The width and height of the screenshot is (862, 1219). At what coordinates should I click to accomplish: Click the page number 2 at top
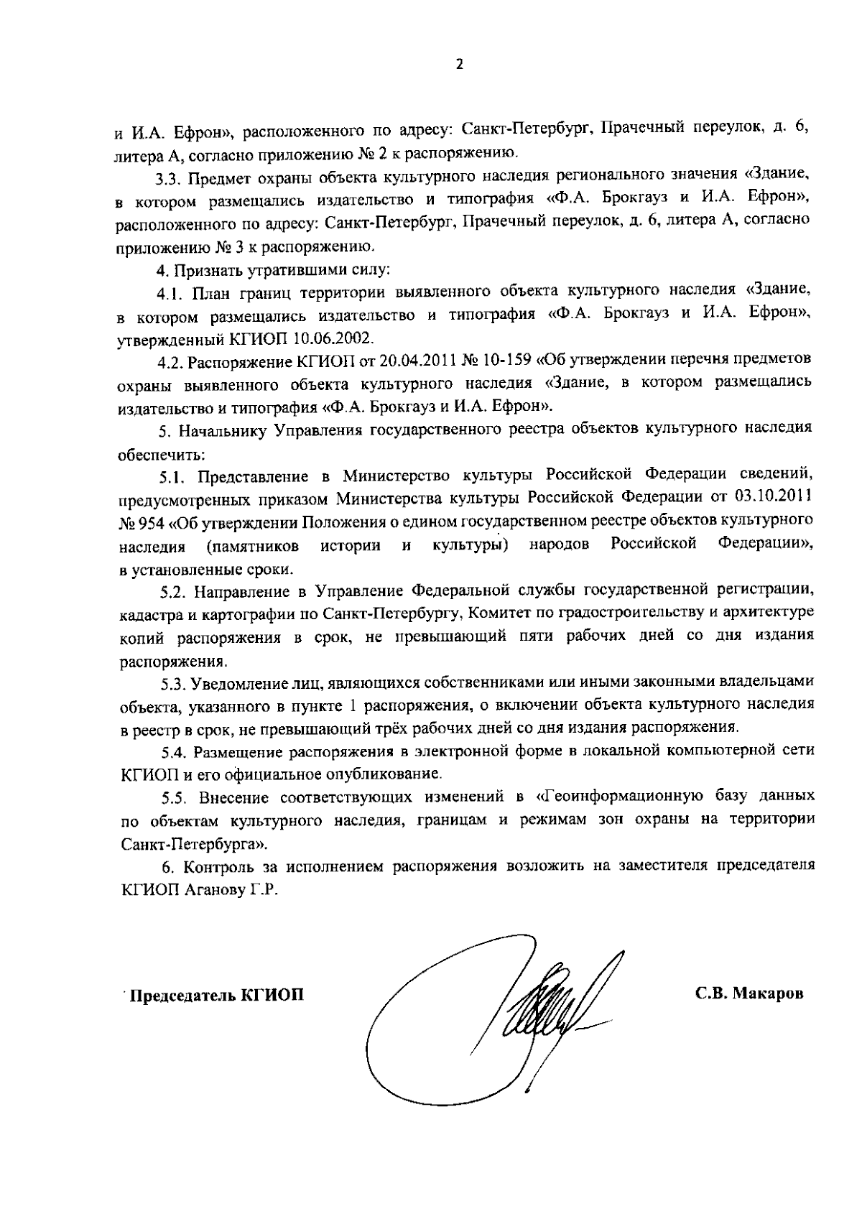click(x=460, y=65)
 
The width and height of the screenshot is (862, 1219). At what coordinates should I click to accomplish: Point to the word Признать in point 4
click(x=198, y=271)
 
